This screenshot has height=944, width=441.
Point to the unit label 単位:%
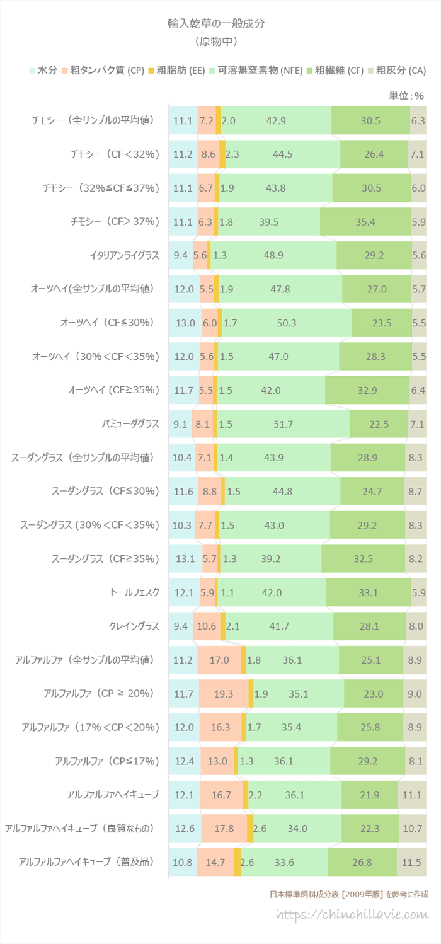[x=406, y=96]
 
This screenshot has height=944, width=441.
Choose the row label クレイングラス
[x=134, y=626]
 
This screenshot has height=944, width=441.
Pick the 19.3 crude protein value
[x=223, y=693]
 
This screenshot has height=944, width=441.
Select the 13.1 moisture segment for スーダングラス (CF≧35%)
[x=185, y=558]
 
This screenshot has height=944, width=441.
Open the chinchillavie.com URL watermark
[x=353, y=914]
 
